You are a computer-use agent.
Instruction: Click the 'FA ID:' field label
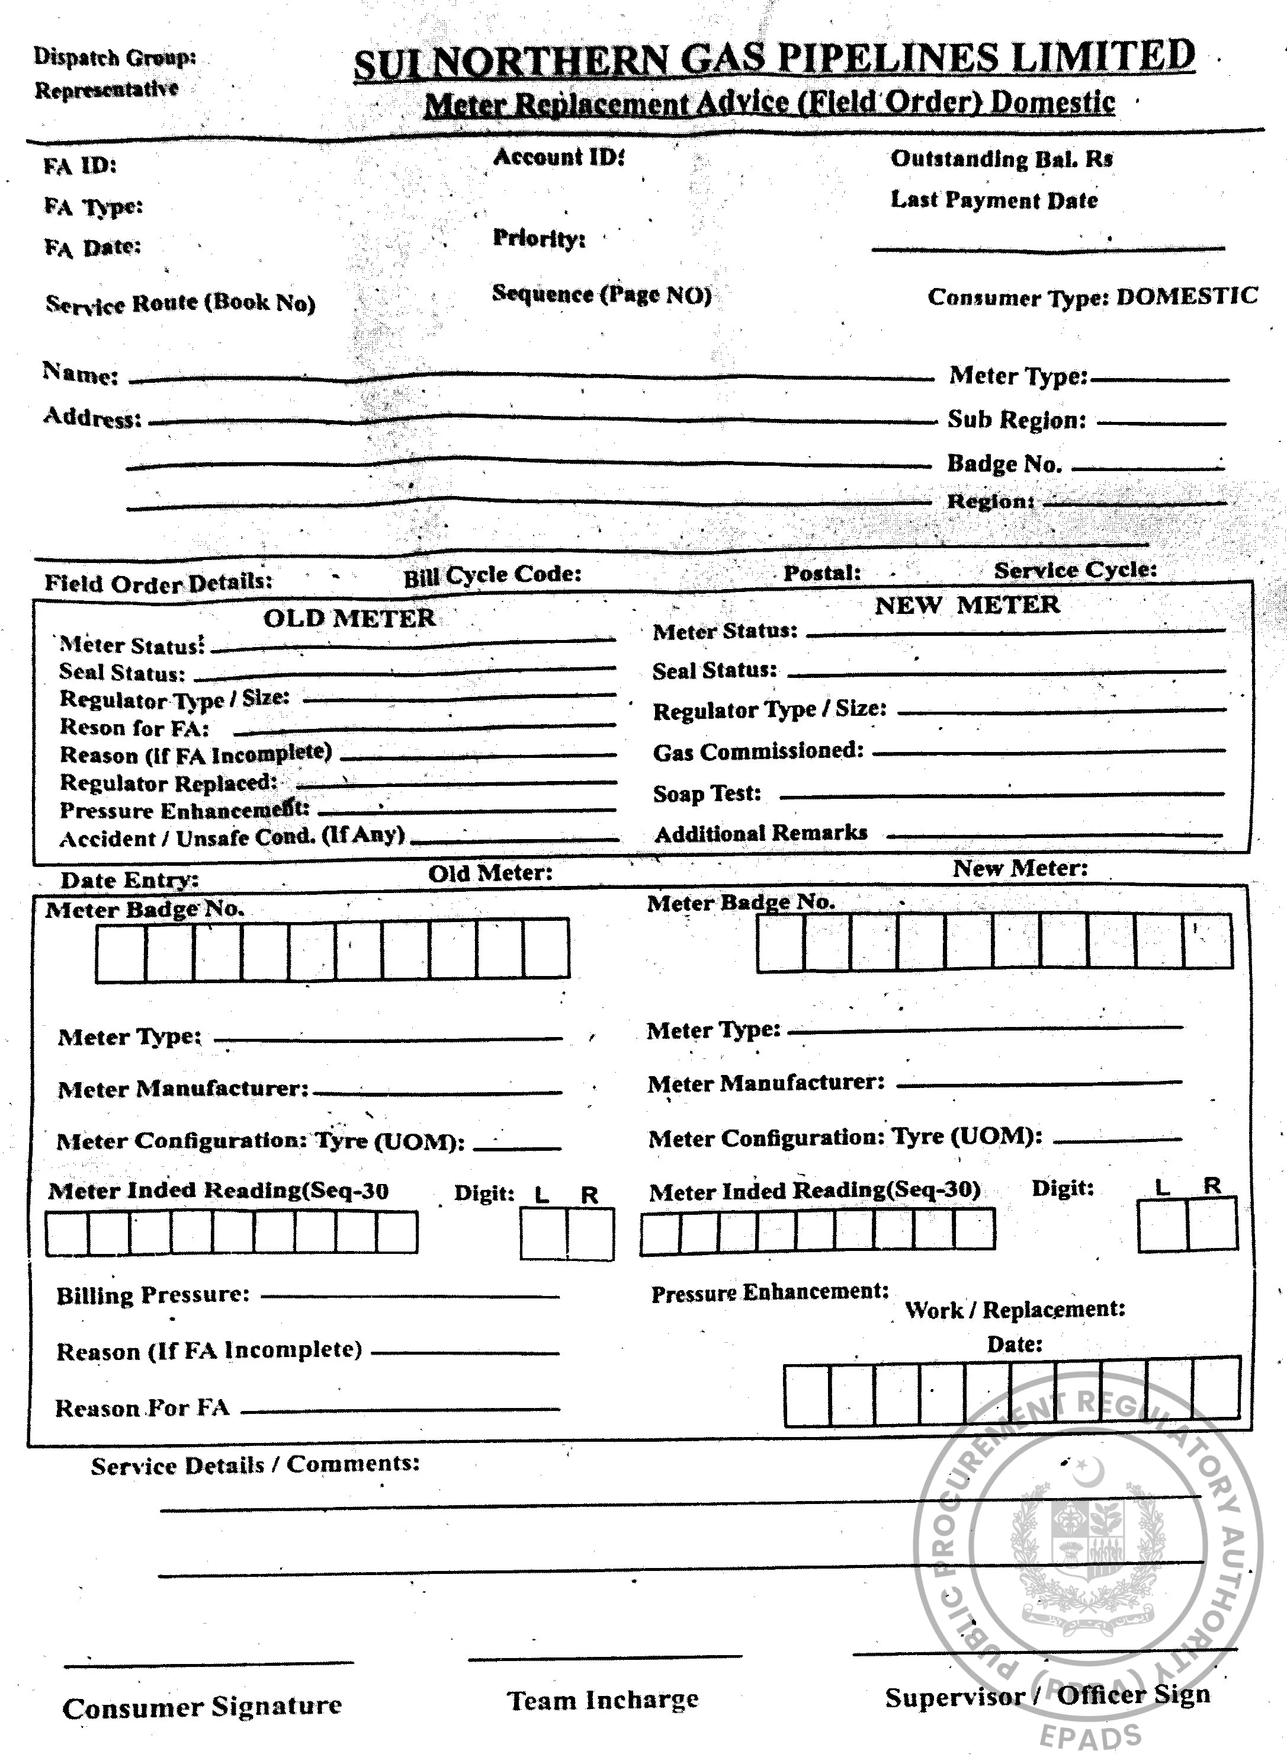coord(79,166)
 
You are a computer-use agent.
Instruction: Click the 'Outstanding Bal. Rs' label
coord(1001,159)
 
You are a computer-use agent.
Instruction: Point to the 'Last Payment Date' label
coord(994,200)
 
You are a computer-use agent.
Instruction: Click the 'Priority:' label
coord(538,238)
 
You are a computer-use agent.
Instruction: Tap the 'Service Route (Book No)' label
coord(181,303)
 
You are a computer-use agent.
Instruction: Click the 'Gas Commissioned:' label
coord(758,751)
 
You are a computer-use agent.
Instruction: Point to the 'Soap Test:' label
coord(707,793)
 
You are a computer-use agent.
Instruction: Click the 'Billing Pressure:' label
coord(153,1295)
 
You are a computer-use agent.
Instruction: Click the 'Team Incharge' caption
coord(603,1700)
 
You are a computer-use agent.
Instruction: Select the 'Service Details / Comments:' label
coord(255,1464)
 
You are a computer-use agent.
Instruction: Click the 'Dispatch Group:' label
coord(114,57)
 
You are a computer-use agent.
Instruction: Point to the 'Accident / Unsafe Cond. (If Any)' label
coord(232,837)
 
